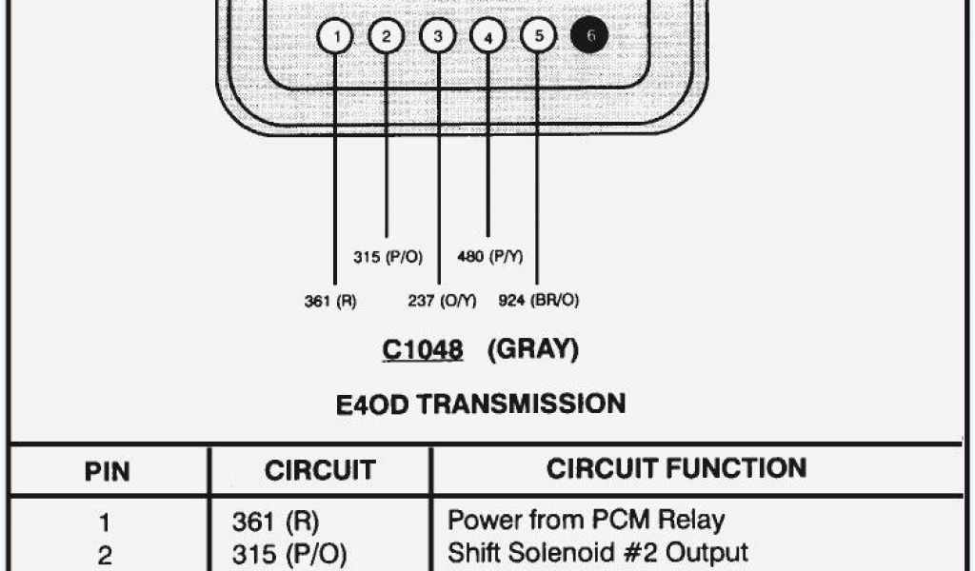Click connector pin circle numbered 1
335,37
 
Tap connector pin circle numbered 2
387,37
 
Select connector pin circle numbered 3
438,37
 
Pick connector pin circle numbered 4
488,38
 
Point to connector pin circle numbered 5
538,36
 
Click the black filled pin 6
589,36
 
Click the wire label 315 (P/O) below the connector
388,258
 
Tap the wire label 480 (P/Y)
489,258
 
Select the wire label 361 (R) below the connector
330,301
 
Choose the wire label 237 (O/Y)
441,301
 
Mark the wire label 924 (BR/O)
539,301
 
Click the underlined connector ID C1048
423,350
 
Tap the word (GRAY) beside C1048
533,350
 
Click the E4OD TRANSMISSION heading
481,404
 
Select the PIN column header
107,471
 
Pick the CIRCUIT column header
320,470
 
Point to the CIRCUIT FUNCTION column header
676,468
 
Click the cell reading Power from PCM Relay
586,521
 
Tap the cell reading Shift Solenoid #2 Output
597,553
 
